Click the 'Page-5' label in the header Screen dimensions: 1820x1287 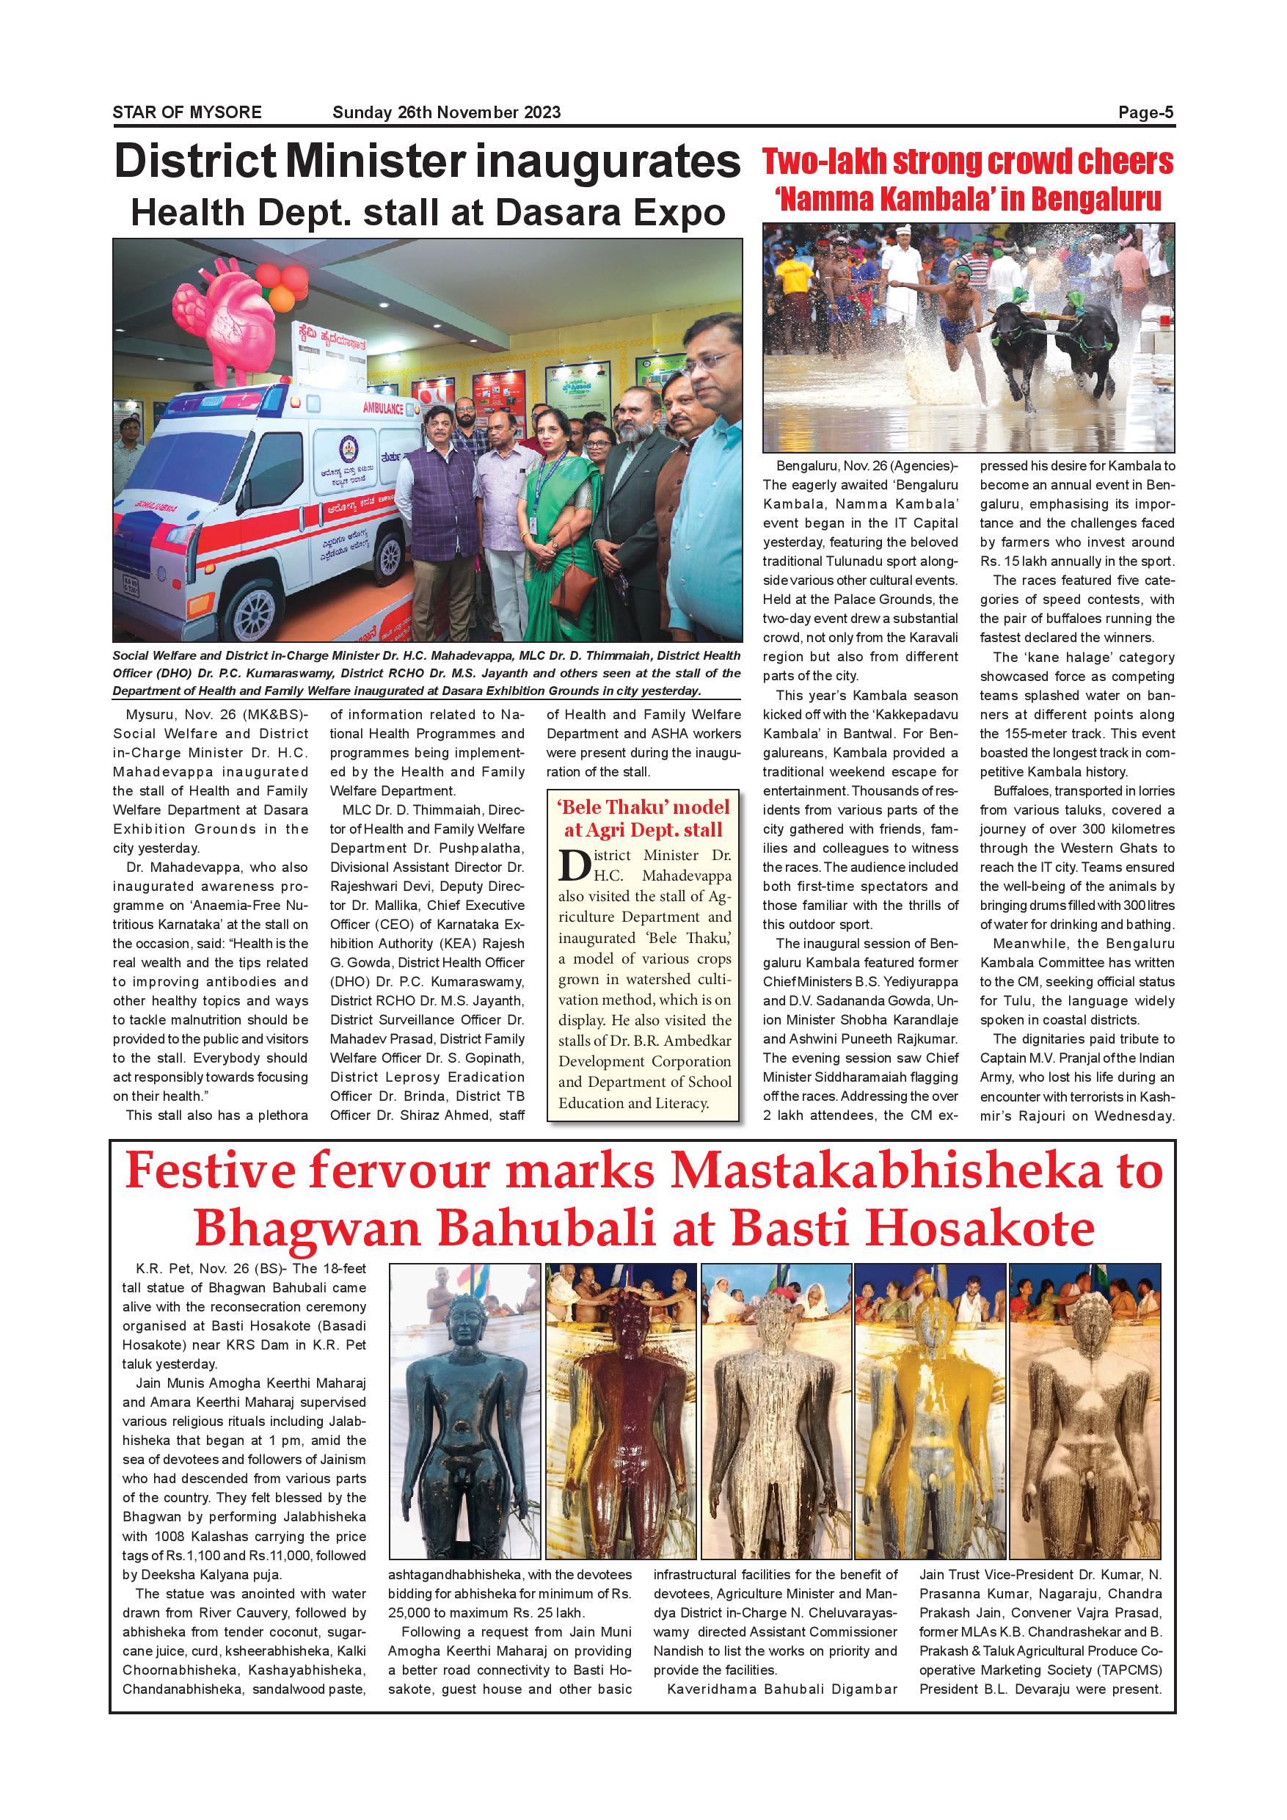tap(1146, 112)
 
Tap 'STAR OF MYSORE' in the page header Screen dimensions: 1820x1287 tap(187, 112)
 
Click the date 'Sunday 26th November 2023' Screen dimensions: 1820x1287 tap(446, 112)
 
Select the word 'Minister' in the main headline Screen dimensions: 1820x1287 tap(373, 162)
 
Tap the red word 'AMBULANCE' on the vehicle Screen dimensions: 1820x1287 tap(383, 408)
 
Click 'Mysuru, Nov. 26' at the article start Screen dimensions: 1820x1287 tap(161, 714)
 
